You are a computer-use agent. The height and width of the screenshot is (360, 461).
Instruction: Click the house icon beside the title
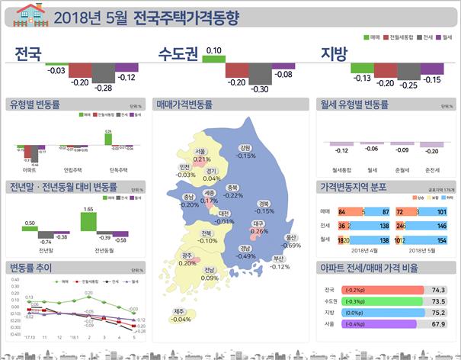31,14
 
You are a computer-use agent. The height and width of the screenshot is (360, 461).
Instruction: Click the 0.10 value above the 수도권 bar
214,51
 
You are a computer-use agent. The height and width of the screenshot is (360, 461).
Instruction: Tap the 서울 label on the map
201,152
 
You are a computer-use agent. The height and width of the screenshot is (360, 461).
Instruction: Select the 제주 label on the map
180,311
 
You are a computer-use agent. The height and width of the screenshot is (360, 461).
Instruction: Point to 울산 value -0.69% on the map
290,246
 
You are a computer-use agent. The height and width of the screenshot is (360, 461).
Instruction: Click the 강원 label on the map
245,148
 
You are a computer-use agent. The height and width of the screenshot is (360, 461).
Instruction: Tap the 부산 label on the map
280,259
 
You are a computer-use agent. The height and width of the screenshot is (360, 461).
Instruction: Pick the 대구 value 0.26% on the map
259,231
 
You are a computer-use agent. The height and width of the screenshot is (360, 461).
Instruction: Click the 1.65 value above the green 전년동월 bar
88,208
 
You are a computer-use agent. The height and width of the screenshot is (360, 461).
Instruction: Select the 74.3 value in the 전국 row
437,290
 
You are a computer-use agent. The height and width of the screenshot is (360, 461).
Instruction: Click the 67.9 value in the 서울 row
437,324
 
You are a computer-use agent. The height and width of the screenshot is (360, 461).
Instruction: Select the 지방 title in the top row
333,55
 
